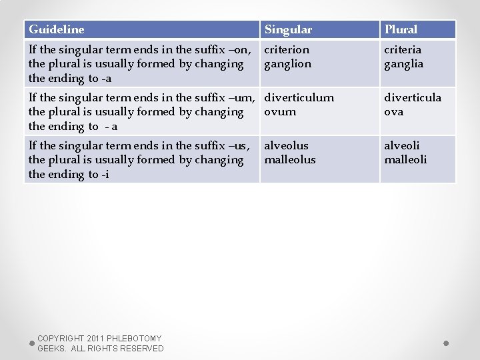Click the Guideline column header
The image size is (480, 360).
(x=57, y=29)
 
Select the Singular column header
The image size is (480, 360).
(x=288, y=29)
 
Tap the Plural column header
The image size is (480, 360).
(x=401, y=29)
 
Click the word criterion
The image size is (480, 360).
(x=287, y=50)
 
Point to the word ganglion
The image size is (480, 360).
(x=288, y=65)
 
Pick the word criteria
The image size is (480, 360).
(x=403, y=50)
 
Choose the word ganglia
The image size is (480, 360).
(x=403, y=65)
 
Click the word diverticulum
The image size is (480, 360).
(x=299, y=97)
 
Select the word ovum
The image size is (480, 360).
(x=280, y=112)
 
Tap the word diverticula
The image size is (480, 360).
(x=413, y=97)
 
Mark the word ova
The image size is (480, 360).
(x=393, y=112)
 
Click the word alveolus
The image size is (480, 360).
(x=287, y=145)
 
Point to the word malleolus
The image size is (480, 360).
(x=290, y=160)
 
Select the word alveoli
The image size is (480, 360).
(x=402, y=145)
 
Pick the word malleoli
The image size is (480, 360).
(x=405, y=160)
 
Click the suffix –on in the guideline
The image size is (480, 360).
(x=241, y=50)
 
